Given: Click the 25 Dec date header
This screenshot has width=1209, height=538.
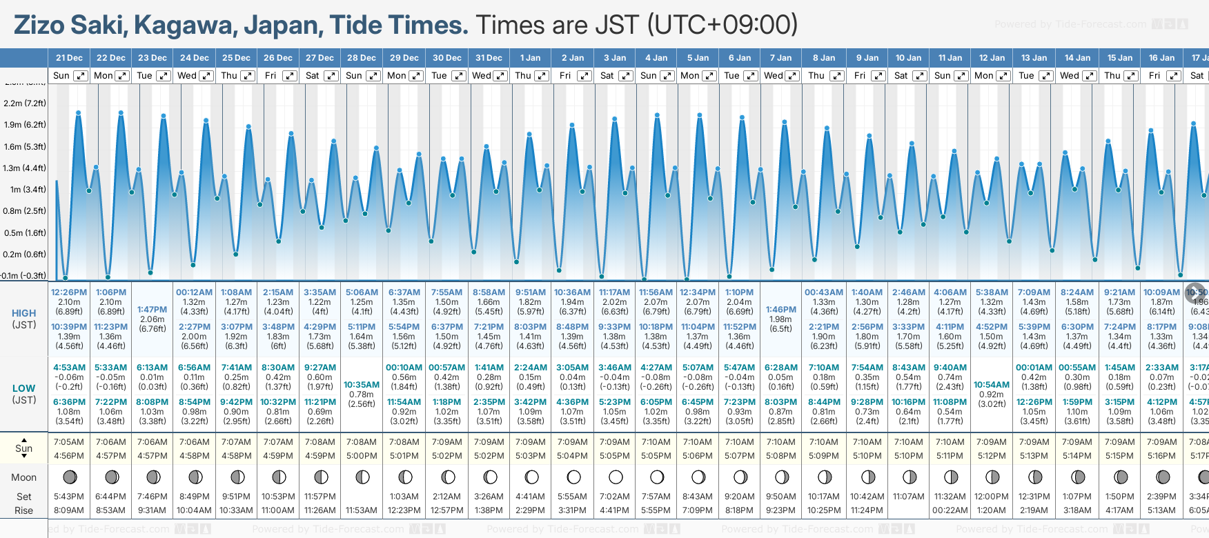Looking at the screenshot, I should pos(236,58).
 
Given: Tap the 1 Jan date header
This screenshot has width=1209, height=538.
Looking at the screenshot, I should pos(530,58).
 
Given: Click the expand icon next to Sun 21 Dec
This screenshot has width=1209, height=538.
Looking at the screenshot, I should pos(81,76).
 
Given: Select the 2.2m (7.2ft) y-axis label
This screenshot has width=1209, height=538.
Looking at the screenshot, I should pos(25,103).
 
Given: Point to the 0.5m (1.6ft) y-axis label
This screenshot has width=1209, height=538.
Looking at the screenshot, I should pos(25,233).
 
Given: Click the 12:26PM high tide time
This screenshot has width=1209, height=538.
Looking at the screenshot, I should pos(69,292).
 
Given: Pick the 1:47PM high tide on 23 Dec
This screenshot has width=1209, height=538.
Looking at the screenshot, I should pos(152,310).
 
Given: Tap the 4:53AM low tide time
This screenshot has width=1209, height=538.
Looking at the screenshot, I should pos(69,368).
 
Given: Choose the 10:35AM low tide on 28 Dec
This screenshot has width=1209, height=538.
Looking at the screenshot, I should pos(362,385).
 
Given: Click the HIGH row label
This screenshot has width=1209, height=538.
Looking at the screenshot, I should pos(23,313).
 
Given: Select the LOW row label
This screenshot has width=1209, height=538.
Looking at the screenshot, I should pos(23,388).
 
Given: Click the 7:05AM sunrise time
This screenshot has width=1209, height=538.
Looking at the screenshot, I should pos(69,442).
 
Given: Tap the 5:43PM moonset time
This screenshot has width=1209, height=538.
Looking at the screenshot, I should pos(69,497).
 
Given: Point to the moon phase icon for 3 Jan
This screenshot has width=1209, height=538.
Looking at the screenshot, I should pos(616,477).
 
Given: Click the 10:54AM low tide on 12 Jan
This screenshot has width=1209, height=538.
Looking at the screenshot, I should pos(992,385).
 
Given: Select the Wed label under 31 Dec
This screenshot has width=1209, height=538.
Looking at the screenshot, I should pos(482,76).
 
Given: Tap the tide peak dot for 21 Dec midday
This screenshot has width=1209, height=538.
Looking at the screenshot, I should pos(79,112).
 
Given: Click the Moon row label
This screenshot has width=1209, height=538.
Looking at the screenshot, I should pos(23,477).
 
